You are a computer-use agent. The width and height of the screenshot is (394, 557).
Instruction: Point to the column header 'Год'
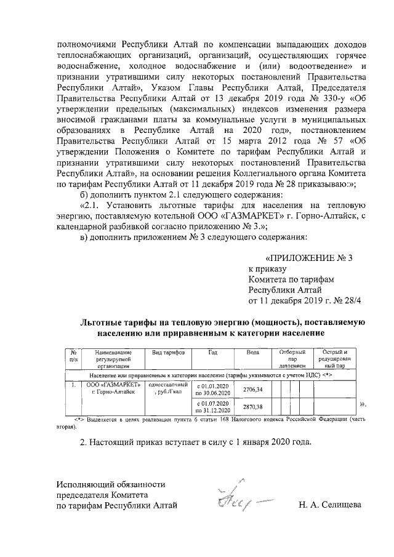pos(212,353)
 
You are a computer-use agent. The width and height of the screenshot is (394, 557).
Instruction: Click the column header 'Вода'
pos(252,353)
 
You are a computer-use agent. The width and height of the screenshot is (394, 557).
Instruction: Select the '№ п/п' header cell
pos(73,355)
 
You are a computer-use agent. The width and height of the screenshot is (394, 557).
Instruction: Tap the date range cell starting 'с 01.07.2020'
pos(212,406)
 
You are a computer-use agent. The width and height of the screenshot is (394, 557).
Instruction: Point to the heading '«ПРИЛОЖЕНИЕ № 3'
pos(307,258)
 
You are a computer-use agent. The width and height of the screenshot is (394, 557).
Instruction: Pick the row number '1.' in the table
pos(73,385)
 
